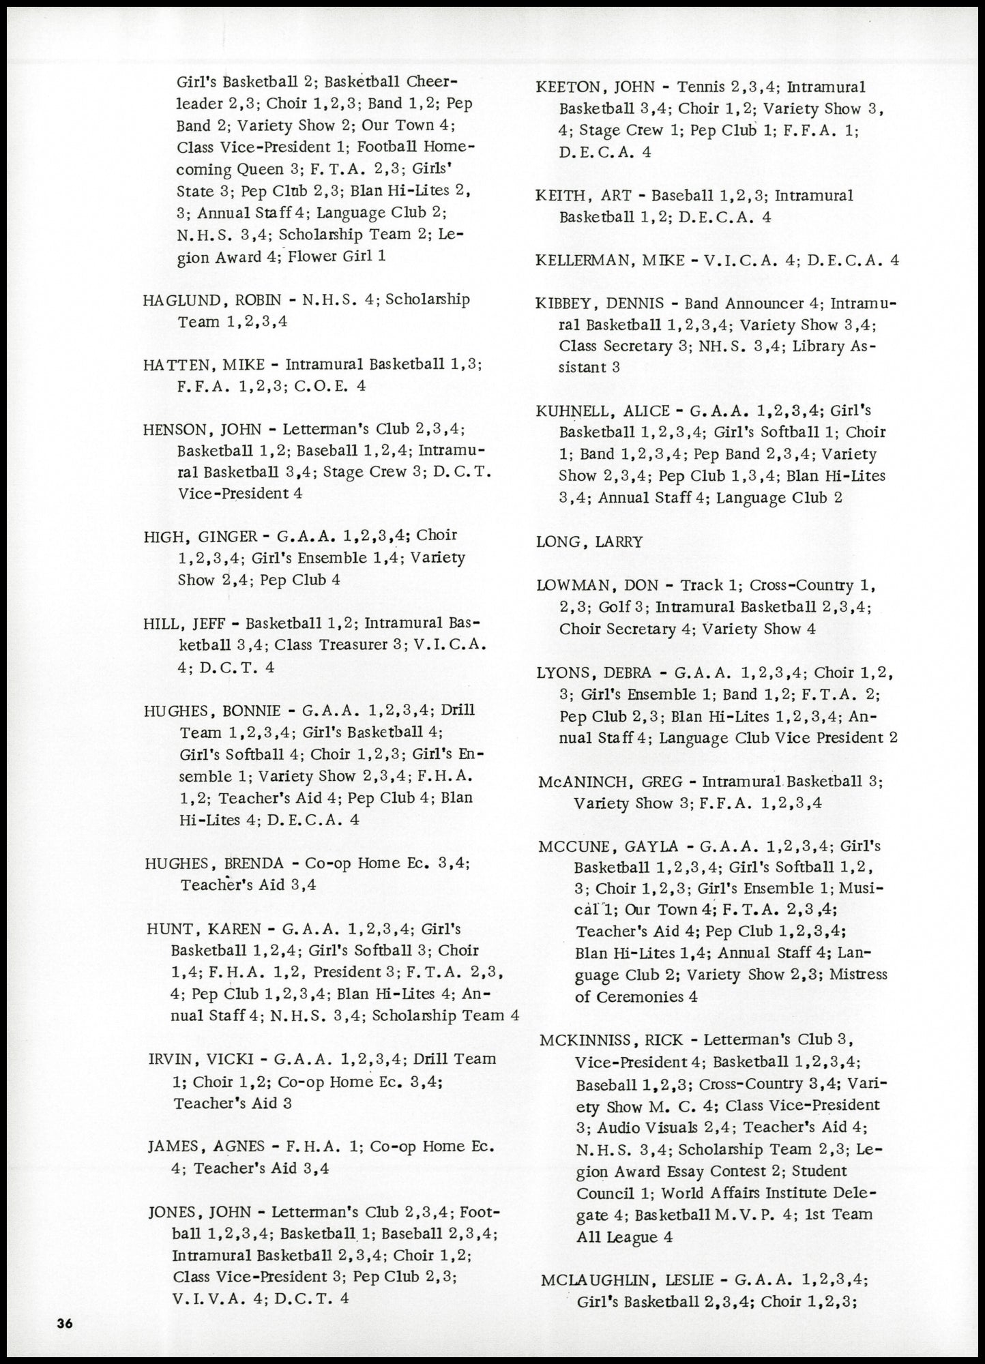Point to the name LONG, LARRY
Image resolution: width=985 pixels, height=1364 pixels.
tap(589, 542)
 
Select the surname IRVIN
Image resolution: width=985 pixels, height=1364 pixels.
tap(169, 1060)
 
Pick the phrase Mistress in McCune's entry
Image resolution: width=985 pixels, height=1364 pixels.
tap(858, 974)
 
